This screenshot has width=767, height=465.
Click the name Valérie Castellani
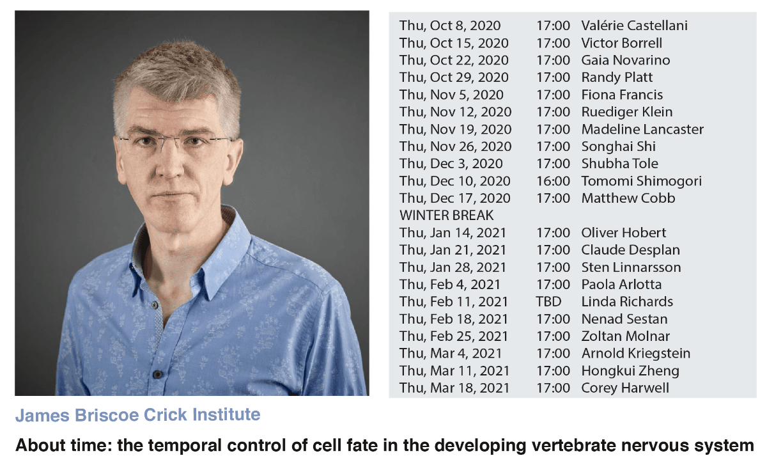[x=634, y=26]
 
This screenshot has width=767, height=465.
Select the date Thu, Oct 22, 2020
[x=454, y=60]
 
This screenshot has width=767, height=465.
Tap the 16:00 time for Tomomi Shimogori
[x=553, y=181]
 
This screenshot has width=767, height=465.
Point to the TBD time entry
[x=548, y=302]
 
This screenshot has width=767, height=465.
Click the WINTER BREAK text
[x=447, y=216]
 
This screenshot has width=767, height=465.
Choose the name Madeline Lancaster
[x=642, y=130]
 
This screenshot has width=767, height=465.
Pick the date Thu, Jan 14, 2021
[x=453, y=233]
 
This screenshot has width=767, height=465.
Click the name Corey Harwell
[x=625, y=388]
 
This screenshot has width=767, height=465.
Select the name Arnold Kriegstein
[x=636, y=354]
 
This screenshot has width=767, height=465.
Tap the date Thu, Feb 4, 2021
[x=449, y=285]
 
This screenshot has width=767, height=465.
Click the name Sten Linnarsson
[x=631, y=267]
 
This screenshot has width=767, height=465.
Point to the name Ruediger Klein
[x=627, y=112]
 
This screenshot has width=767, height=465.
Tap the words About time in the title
[x=65, y=445]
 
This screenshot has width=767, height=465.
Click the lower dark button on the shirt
[x=157, y=374]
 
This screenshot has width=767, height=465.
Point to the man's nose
[x=169, y=164]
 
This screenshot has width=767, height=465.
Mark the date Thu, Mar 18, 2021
[x=454, y=388]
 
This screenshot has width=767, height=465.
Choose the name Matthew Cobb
[x=628, y=198]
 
